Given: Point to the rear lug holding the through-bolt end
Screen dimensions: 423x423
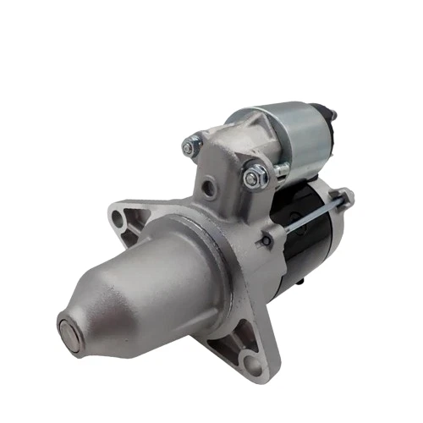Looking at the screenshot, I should (346, 199).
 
